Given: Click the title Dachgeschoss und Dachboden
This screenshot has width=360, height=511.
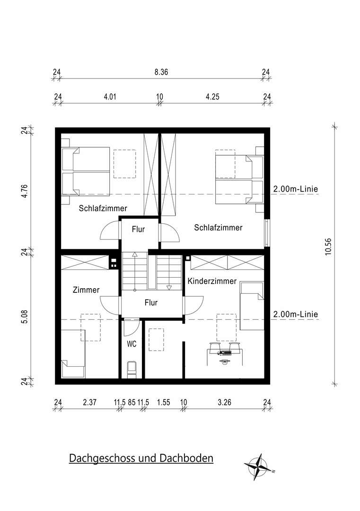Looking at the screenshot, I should click(141, 458).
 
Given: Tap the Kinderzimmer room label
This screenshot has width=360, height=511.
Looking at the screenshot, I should click(212, 281).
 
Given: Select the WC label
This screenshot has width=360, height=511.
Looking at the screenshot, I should click(132, 344).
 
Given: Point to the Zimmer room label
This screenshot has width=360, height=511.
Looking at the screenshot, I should click(86, 290).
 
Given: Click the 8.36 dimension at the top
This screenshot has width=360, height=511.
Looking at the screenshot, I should click(162, 72).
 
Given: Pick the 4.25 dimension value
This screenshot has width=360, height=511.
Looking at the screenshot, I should click(212, 97).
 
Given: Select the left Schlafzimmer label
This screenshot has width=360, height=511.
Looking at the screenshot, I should click(103, 208).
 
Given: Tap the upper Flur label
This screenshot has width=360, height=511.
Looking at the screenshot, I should click(138, 229).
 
